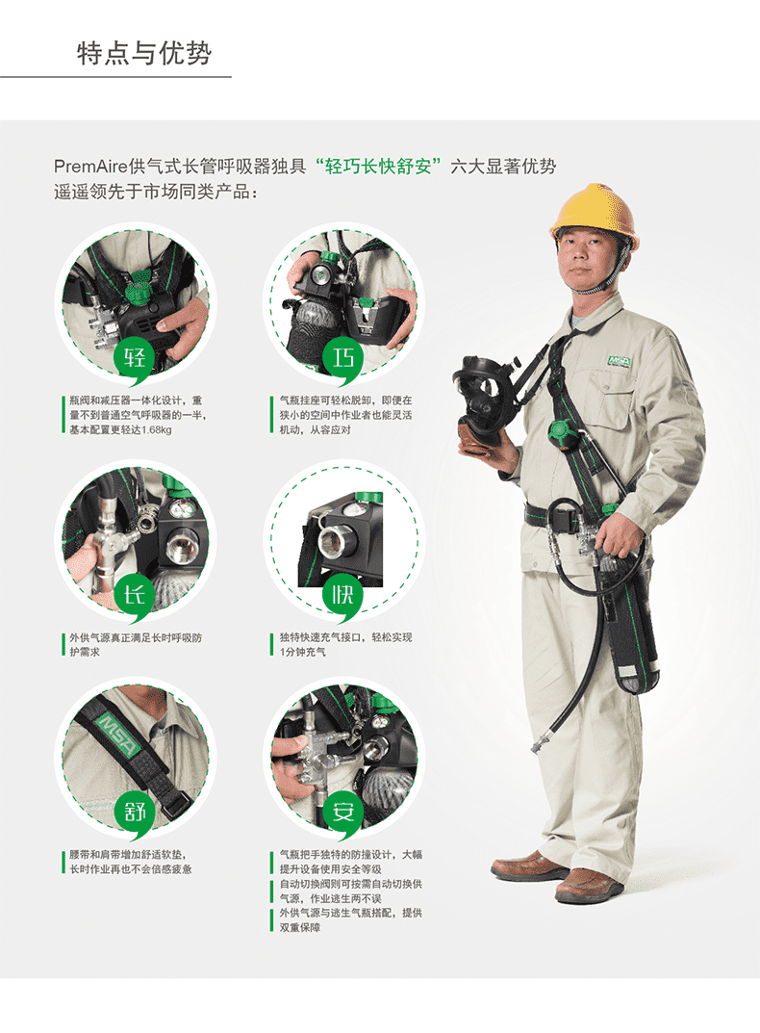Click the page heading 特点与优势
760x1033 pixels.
point(144,53)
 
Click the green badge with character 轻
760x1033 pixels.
point(136,359)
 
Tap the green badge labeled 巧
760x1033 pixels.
point(343,359)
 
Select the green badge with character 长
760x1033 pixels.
point(136,596)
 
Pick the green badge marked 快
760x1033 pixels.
point(343,596)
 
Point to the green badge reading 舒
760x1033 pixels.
point(136,813)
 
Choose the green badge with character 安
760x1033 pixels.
point(343,813)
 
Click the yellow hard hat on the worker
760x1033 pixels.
point(595,211)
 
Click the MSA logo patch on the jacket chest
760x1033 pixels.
point(620,361)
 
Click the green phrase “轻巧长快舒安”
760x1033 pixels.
point(378,166)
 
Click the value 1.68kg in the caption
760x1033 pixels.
point(157,430)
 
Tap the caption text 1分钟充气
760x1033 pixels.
point(303,652)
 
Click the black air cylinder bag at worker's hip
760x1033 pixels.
point(629,626)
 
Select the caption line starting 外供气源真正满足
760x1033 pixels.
point(136,637)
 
